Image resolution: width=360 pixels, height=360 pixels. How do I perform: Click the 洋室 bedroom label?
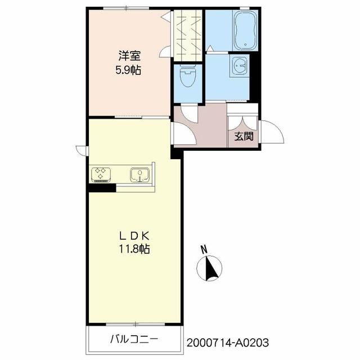(129, 56)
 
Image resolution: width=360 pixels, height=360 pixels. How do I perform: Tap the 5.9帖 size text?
(128, 70)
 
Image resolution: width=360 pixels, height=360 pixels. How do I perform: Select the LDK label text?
(134, 236)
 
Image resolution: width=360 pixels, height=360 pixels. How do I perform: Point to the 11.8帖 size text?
(134, 249)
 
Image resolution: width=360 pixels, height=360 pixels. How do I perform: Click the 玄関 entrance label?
(244, 137)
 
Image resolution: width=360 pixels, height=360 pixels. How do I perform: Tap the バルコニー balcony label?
(134, 339)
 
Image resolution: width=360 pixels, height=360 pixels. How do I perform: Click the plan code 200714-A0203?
(227, 343)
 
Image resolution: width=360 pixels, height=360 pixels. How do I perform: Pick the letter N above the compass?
(204, 250)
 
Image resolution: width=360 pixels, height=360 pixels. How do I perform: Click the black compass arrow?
(211, 268)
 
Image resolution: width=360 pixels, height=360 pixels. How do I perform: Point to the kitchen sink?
(140, 175)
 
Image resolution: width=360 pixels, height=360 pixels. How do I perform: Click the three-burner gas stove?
(101, 175)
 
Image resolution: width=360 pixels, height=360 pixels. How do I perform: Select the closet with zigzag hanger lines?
(188, 35)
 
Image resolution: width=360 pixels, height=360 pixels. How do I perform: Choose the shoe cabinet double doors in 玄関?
(242, 123)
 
